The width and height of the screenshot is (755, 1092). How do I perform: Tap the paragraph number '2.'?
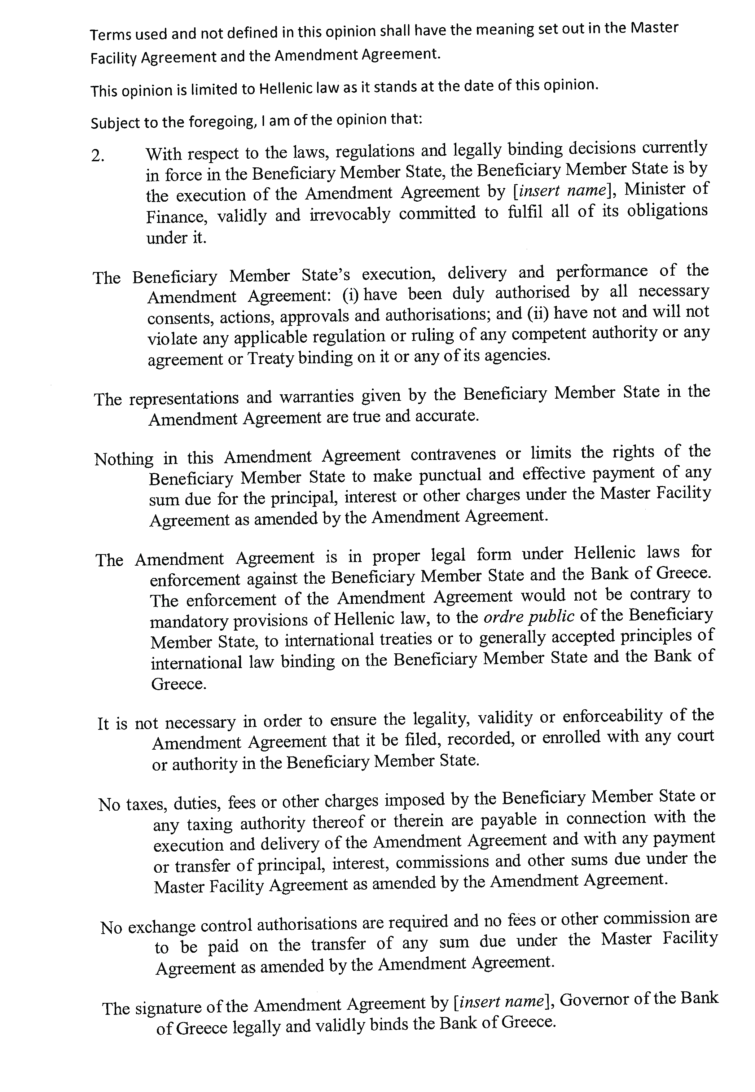tap(97, 157)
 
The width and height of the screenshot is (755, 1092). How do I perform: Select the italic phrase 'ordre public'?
tap(529, 617)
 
